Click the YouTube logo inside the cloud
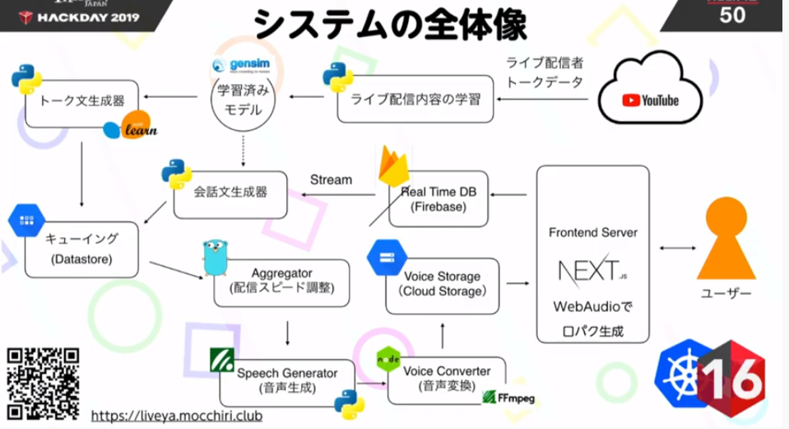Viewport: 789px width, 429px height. (x=650, y=100)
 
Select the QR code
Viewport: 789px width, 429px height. (x=44, y=384)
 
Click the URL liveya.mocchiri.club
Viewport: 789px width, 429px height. (x=176, y=416)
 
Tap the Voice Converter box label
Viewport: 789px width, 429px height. (x=447, y=378)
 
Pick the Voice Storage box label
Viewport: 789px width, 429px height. (x=442, y=284)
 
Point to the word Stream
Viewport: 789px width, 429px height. (x=331, y=180)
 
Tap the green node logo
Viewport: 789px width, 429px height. (x=388, y=361)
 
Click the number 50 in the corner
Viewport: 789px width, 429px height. (x=732, y=16)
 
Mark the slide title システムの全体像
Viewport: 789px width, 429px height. (x=390, y=25)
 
